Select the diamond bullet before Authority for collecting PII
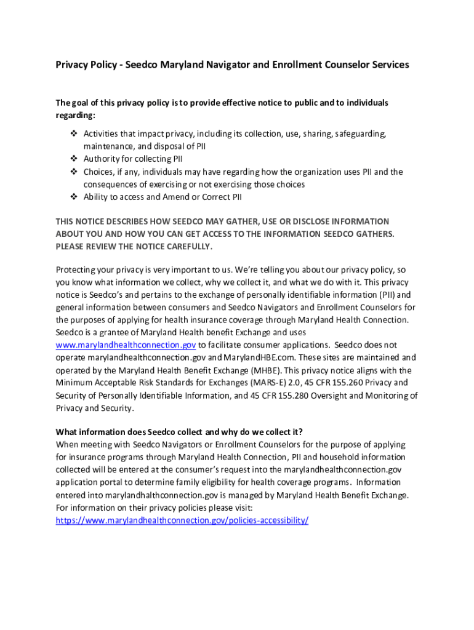(x=73, y=159)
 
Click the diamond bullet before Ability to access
(x=73, y=197)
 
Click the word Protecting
(x=78, y=269)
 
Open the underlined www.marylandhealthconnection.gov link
(x=126, y=345)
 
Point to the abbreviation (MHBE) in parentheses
(x=264, y=370)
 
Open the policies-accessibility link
(x=182, y=520)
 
